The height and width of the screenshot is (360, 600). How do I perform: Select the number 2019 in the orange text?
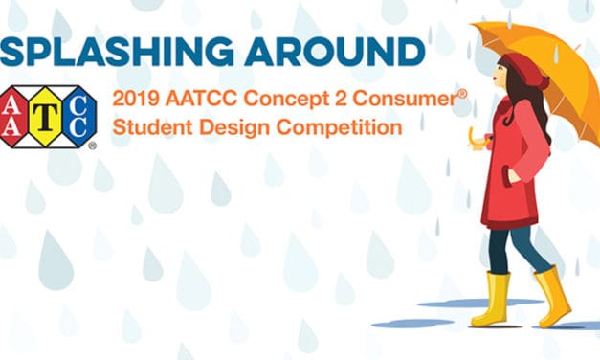point(132,99)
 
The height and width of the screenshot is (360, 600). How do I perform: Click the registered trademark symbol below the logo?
point(92,146)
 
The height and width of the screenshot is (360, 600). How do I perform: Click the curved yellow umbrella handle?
point(475,140)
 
